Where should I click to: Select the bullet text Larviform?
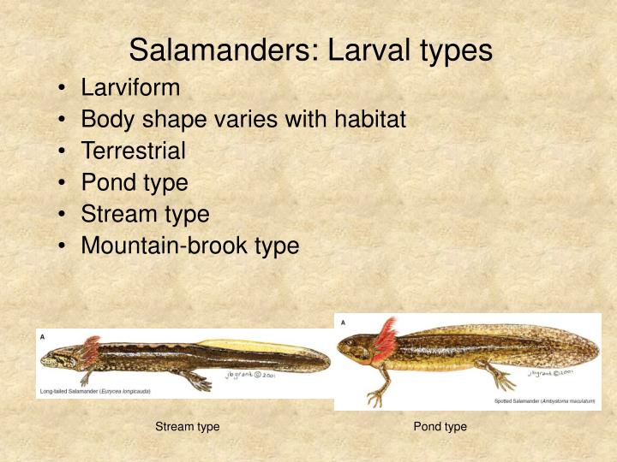pos(130,87)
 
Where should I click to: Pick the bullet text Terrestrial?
pos(133,151)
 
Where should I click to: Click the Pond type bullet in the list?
pos(135,182)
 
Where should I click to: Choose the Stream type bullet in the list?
pos(145,214)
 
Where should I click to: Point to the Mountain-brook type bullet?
pos(189,246)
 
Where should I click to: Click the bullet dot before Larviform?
pos(65,88)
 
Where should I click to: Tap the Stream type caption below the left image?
pos(187,426)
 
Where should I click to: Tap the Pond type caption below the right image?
pos(440,426)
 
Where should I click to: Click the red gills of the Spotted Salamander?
pos(385,339)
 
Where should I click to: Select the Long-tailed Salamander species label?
pos(95,391)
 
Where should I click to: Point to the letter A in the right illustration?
pos(344,323)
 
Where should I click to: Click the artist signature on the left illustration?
pos(250,375)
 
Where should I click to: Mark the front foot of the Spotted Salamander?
pos(375,397)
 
